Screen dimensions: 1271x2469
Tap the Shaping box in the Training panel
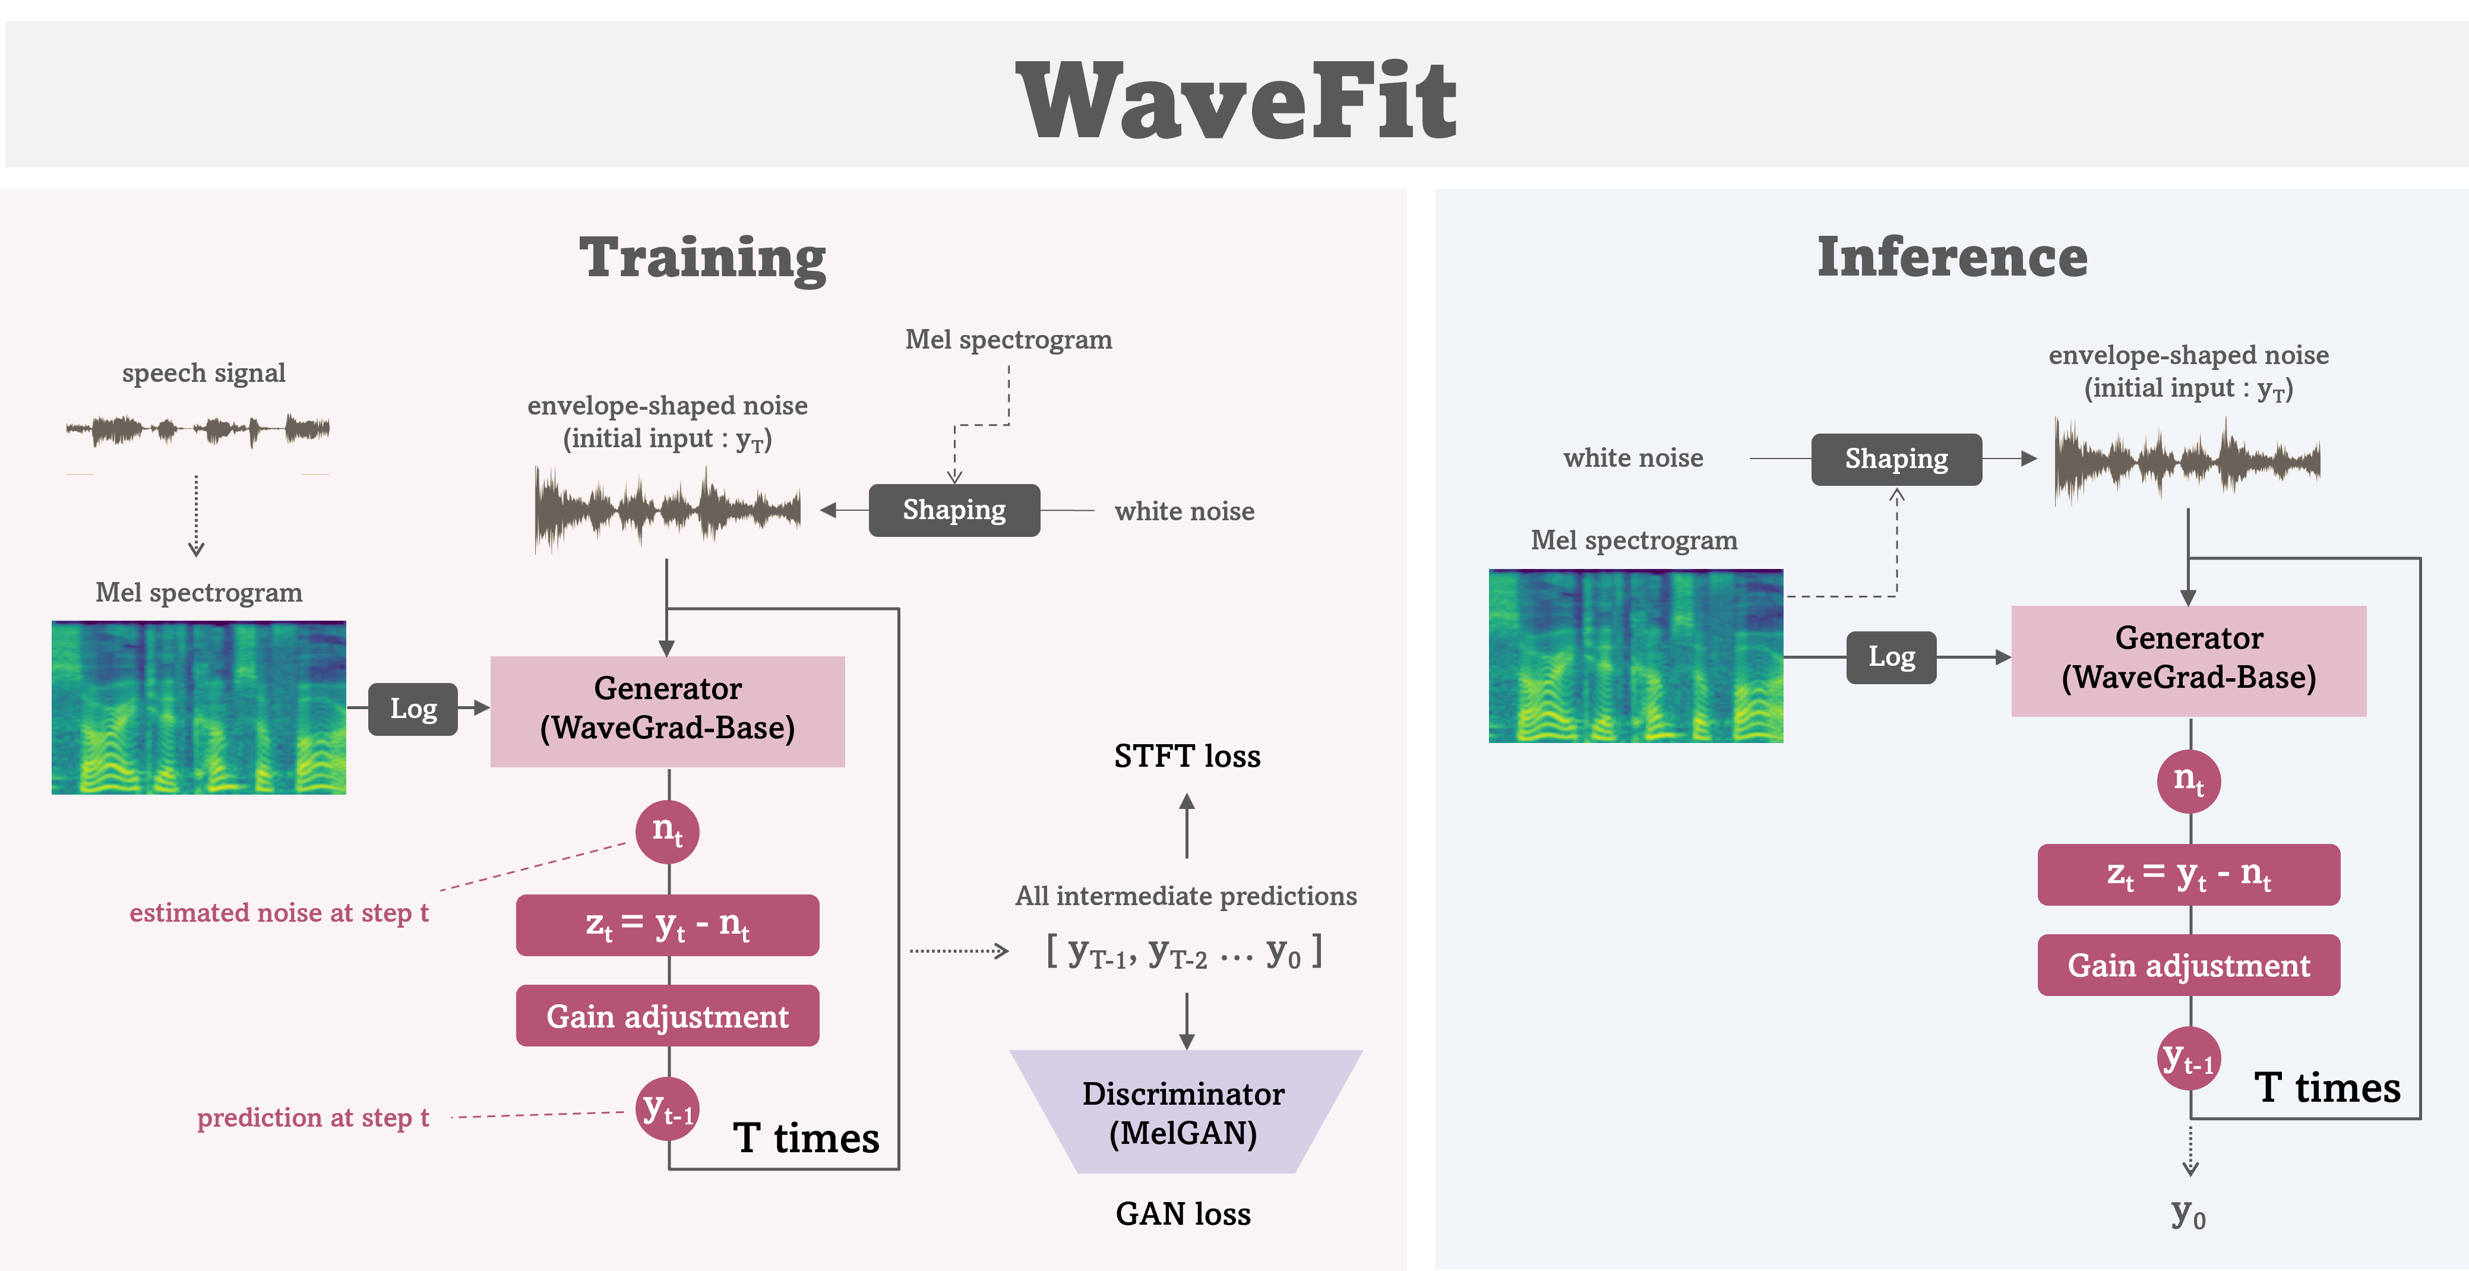click(x=954, y=510)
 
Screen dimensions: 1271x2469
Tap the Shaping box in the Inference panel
click(x=1896, y=459)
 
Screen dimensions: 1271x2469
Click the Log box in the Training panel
click(x=413, y=709)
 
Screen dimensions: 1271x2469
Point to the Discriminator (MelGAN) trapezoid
click(x=1185, y=1112)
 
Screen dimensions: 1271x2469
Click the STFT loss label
click(x=1187, y=756)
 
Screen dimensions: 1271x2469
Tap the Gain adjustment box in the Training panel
click(x=667, y=1016)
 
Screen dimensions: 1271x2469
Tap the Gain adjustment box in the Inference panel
click(x=2188, y=965)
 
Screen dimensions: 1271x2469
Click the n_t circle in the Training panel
click(x=667, y=831)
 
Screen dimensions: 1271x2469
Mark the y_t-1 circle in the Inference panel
click(x=2188, y=1059)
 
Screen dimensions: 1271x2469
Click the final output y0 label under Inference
click(x=2188, y=1215)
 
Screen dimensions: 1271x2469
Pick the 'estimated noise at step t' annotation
click(x=279, y=912)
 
